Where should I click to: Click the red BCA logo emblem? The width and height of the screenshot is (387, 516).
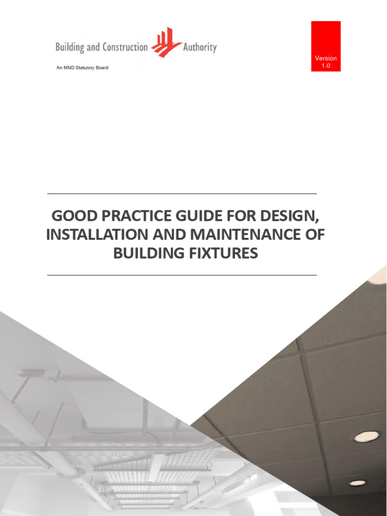[167, 43]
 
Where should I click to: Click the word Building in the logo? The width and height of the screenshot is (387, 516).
[71, 47]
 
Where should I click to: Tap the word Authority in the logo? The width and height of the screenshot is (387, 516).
[200, 47]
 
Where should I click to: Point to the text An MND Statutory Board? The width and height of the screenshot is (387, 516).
[82, 68]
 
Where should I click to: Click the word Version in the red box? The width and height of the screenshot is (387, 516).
[326, 58]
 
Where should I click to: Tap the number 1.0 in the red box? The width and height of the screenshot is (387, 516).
[326, 66]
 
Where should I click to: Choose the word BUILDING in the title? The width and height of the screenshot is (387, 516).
[147, 253]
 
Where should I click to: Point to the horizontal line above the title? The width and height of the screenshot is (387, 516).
[182, 193]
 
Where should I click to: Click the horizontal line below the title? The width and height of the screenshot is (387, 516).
[182, 275]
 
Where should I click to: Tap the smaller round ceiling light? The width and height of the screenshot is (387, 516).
[357, 483]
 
